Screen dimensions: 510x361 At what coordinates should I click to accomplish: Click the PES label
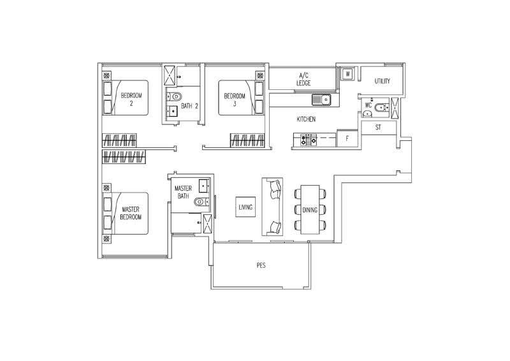point(261,265)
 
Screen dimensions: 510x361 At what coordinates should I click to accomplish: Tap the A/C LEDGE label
point(303,79)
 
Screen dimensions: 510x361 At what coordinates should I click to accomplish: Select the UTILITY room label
point(382,81)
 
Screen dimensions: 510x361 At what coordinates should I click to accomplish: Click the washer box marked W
point(347,74)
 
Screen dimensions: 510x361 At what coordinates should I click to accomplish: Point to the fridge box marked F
point(347,138)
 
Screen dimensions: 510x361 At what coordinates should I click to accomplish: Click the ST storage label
point(378,128)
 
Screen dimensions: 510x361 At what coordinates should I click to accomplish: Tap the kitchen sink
point(321,99)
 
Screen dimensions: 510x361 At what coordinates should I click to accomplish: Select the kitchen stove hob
point(309,140)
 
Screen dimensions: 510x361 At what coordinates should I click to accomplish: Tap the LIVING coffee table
point(245,207)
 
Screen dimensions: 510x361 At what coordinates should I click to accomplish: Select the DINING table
point(310,210)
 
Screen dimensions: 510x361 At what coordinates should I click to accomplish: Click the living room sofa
point(273,207)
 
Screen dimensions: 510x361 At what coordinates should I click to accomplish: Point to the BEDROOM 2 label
point(131,99)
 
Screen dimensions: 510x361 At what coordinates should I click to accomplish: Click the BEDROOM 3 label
point(235,99)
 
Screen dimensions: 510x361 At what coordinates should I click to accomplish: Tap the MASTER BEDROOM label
point(131,213)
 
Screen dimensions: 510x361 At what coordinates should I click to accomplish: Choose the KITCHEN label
point(306,119)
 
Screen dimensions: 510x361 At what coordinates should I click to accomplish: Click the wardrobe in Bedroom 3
point(247,140)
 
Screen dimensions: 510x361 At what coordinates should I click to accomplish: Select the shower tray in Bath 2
point(170,75)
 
